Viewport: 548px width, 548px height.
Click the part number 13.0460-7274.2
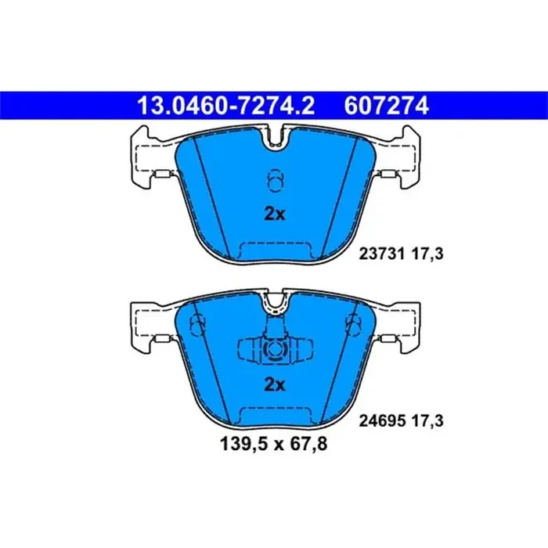tap(226, 104)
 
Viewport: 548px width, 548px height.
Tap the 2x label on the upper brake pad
tap(274, 214)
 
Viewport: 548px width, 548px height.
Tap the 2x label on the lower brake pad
tap(274, 384)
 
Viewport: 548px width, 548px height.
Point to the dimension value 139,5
tap(236, 446)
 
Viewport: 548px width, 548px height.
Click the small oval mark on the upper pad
tap(274, 181)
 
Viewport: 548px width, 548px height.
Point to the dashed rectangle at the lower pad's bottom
tap(274, 417)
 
